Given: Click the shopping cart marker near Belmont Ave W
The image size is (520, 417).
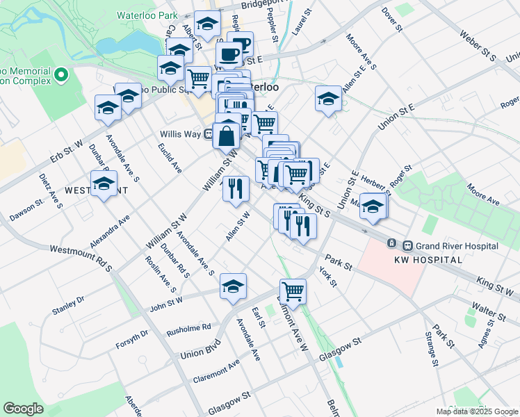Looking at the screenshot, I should [293, 292].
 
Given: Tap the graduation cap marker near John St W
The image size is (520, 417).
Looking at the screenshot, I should [234, 286].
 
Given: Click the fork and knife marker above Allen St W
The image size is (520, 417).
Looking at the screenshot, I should [236, 188].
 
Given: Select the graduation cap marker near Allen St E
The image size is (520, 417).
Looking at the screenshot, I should [328, 99].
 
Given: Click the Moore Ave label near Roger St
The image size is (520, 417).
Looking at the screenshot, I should [483, 194].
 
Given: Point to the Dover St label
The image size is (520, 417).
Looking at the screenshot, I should [392, 19].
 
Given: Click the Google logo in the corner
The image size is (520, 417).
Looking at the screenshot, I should [23, 409].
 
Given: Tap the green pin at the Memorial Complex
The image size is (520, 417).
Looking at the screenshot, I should [61, 73].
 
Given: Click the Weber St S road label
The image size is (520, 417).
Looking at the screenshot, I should [480, 44].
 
